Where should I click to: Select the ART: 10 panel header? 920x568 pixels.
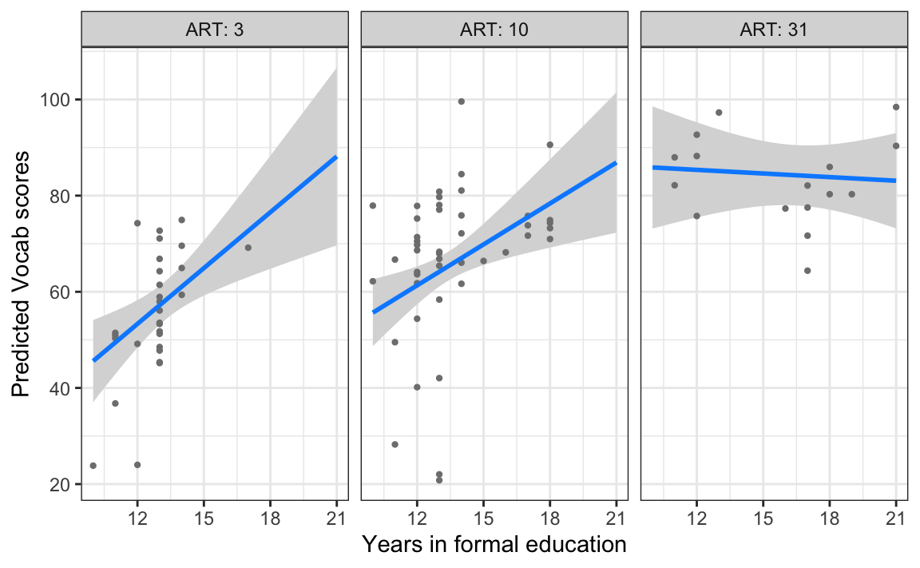coord(494,30)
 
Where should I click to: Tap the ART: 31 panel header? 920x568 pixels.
coord(774,30)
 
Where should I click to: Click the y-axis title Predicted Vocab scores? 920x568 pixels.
coord(22,273)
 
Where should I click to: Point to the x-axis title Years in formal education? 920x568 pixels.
coord(494,545)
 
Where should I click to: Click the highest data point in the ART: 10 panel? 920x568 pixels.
coord(461,101)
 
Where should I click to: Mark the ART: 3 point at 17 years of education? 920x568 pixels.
coord(248,248)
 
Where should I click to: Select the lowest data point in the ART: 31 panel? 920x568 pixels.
coord(807,271)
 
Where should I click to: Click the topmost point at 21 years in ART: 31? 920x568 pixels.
coord(896,107)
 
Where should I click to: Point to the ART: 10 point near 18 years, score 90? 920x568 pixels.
coord(549,145)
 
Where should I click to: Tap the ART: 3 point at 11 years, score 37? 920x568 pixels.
coord(115,403)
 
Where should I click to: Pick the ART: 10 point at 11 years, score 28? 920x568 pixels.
coord(395,444)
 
